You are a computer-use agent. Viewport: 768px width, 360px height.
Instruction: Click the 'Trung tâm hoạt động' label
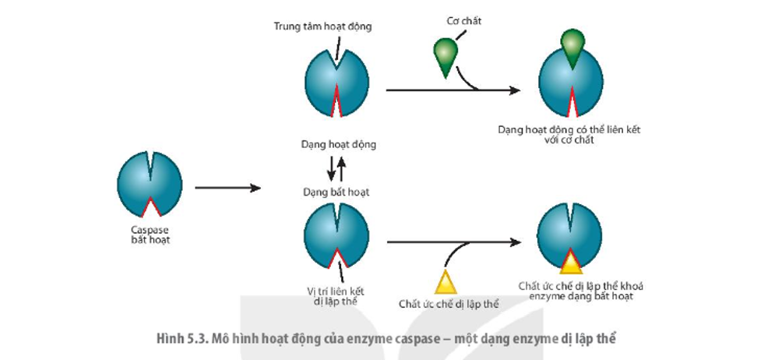[322, 26]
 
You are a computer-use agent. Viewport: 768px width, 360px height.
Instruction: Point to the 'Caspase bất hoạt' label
[150, 235]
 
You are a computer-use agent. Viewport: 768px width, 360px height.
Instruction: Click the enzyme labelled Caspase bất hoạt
[150, 185]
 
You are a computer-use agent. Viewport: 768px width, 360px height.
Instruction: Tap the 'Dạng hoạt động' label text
[338, 144]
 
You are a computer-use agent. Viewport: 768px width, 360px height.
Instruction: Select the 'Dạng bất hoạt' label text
[336, 192]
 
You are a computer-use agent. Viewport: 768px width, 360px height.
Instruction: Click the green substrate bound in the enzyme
[572, 45]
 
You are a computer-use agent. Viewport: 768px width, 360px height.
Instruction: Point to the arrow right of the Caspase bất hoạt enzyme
[227, 188]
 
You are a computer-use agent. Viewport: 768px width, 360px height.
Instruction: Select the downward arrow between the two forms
[330, 168]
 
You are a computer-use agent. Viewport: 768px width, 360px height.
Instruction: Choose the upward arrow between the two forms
[341, 168]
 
